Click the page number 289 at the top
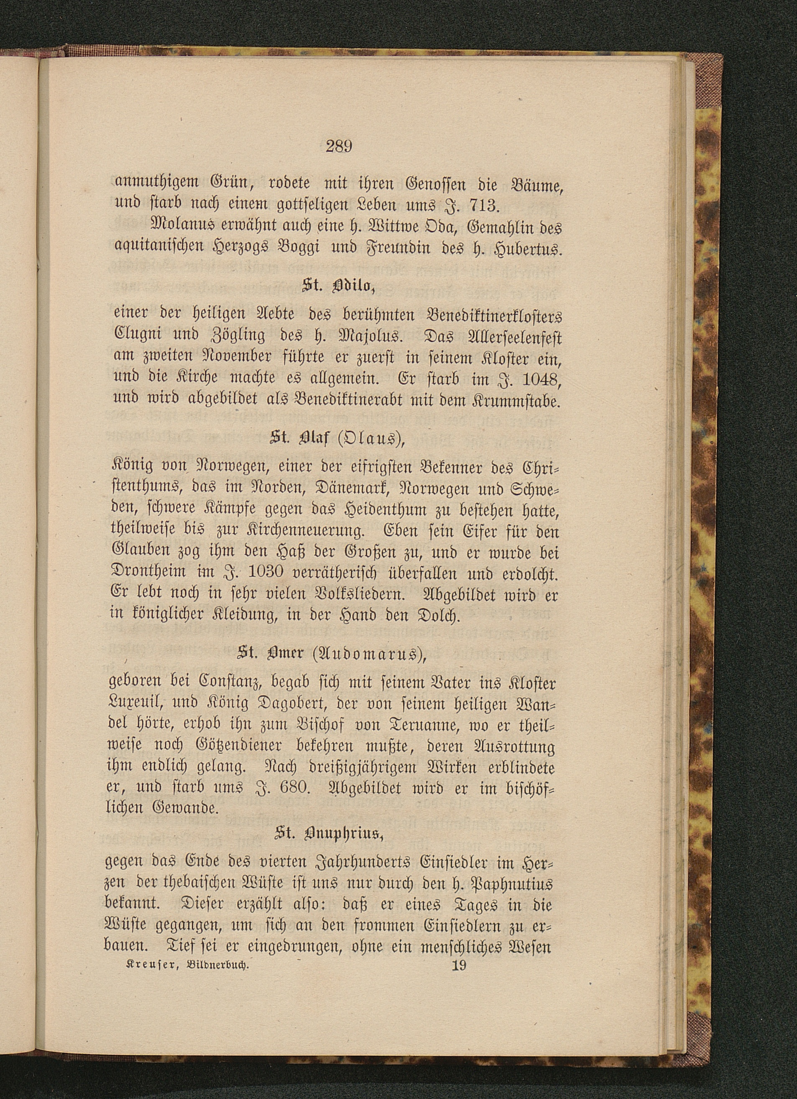tap(338, 146)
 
